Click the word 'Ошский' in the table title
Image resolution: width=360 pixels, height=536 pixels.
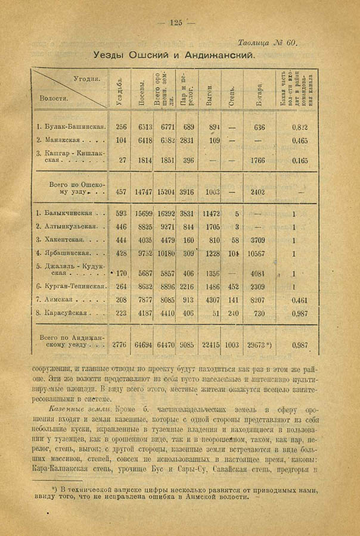click(x=145, y=55)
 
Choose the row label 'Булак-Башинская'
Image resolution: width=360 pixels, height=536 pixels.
click(x=71, y=127)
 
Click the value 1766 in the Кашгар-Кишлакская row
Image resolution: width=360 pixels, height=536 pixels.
click(x=259, y=160)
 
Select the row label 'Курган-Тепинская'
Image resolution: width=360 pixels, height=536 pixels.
click(x=71, y=286)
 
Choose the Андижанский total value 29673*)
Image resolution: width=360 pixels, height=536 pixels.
click(x=260, y=344)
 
